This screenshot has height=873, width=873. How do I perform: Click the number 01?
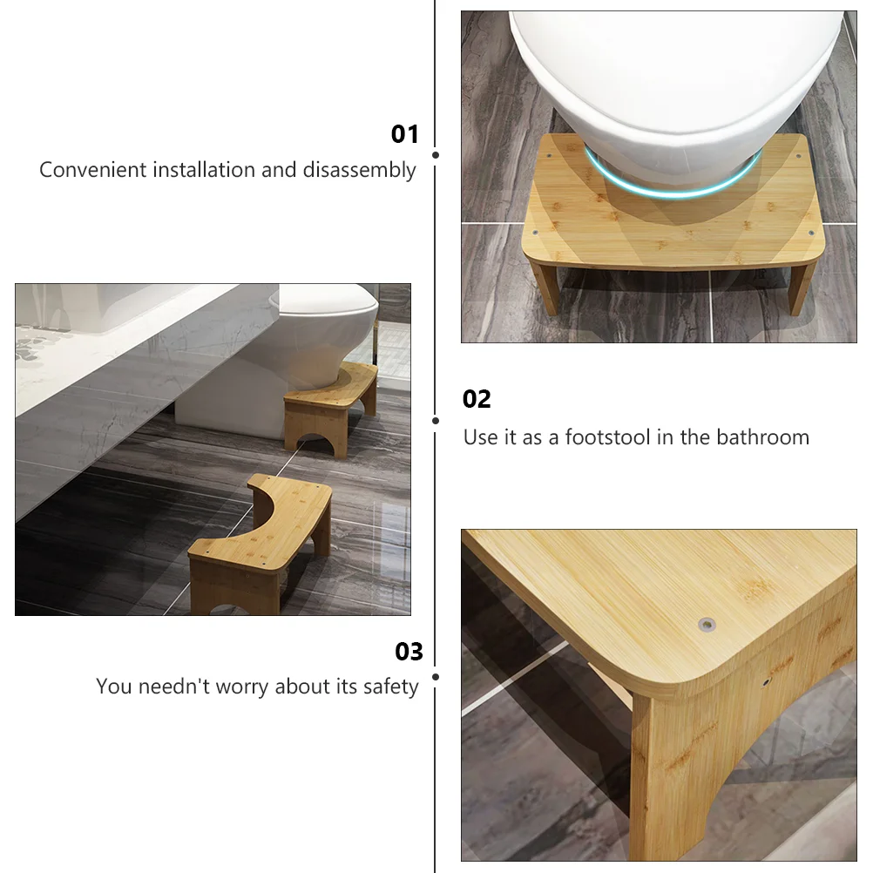[404, 134]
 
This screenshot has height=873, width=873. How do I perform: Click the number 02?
[477, 399]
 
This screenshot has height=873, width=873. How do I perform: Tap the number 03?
[409, 652]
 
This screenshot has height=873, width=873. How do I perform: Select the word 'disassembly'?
[359, 171]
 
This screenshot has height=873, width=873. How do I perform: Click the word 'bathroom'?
[762, 437]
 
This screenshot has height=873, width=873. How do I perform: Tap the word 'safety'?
[391, 687]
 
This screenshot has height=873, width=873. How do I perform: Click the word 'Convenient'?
[92, 169]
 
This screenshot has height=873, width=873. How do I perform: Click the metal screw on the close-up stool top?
[707, 625]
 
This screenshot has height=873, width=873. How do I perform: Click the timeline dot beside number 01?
[436, 155]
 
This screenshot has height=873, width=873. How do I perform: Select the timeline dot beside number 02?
[436, 421]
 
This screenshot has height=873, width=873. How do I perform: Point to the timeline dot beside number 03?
[436, 677]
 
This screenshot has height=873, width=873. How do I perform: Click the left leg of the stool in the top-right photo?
[544, 288]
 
